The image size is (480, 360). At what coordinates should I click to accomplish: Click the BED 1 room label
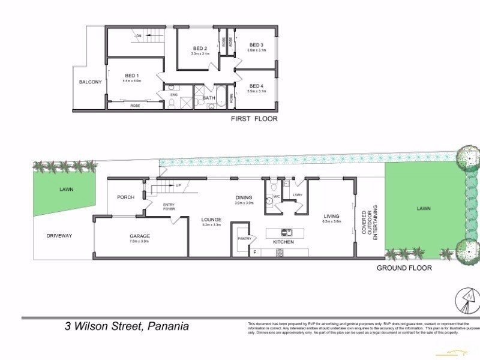(x=131, y=76)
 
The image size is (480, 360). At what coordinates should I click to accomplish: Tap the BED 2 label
(x=200, y=49)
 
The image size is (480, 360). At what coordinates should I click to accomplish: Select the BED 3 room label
(x=256, y=45)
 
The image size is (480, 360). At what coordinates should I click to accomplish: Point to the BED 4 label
(x=256, y=86)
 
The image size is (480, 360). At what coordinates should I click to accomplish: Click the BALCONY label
(x=91, y=82)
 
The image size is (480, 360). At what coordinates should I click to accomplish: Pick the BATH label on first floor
(x=209, y=97)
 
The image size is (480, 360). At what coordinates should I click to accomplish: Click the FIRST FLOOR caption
(x=254, y=119)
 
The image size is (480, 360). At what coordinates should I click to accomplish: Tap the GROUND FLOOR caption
(x=404, y=268)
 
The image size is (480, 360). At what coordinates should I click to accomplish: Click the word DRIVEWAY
(x=59, y=236)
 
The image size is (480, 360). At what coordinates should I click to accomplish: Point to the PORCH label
(x=125, y=197)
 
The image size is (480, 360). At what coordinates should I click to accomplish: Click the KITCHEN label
(x=283, y=241)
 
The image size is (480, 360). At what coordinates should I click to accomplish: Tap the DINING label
(x=243, y=197)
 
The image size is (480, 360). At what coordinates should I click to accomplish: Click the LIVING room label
(x=331, y=216)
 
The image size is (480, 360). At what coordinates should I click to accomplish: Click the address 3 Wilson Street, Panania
(x=127, y=326)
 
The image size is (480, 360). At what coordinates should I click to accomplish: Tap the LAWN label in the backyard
(x=424, y=208)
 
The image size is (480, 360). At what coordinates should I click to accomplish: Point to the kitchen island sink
(x=287, y=232)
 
